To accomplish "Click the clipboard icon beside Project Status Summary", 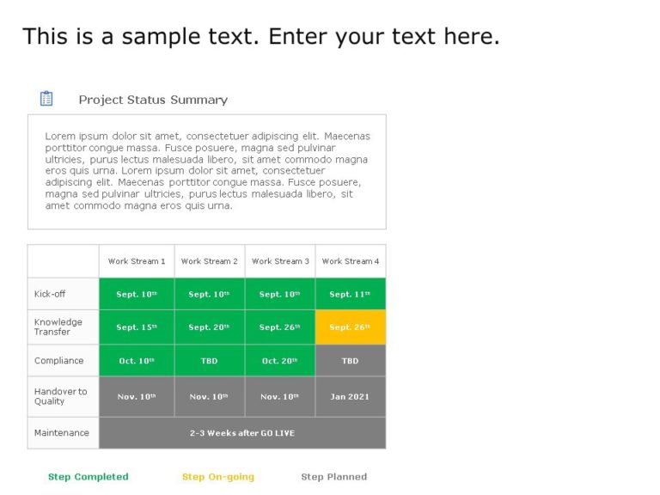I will click(46, 99).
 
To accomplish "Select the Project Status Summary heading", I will click(153, 100).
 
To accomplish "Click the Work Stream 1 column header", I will click(137, 261).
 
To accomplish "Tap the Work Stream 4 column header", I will click(351, 261).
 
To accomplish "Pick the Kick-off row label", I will click(50, 294).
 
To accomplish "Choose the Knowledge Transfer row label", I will click(58, 327).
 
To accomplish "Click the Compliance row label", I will click(59, 361).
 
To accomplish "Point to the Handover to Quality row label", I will click(60, 396).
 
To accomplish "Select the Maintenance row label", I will click(62, 433).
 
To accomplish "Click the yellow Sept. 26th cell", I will click(351, 327).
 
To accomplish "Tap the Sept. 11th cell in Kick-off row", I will click(351, 294).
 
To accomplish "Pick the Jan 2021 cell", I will click(351, 397).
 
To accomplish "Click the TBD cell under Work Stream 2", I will click(210, 361).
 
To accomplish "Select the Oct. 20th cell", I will click(280, 361).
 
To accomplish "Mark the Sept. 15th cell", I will click(137, 327).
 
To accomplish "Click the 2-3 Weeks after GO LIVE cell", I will click(242, 433).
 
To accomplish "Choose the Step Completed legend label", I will click(89, 477).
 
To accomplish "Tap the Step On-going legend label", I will click(218, 477).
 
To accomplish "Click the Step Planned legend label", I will click(334, 477).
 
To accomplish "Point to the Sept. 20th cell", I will click(210, 327).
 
